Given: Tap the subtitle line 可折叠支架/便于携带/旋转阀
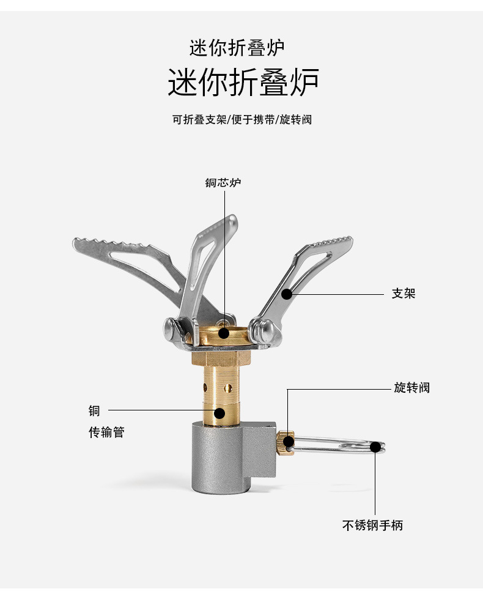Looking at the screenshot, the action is [242, 120].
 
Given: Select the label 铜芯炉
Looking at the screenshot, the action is [223, 182].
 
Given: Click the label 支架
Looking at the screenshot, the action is [404, 294].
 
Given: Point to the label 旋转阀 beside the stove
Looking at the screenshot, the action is [411, 388].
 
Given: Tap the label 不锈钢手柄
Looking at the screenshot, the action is [372, 525].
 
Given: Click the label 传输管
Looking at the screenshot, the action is [106, 432].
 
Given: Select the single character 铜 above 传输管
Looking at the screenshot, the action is [94, 410].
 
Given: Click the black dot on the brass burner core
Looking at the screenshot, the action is [224, 333].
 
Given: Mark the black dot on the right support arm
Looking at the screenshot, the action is [287, 294].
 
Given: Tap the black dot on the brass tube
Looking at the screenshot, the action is [219, 413].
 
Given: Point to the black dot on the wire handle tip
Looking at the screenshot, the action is [375, 445].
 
